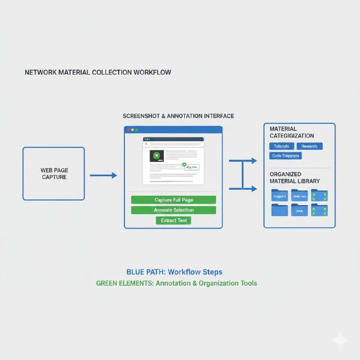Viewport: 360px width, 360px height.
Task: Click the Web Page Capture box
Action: tap(53, 173)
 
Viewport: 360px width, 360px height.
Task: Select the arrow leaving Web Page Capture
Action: tap(103, 175)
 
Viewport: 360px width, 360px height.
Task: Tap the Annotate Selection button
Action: tap(173, 210)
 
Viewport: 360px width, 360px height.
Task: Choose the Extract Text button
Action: tap(173, 220)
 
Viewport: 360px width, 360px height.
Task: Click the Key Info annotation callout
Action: tap(191, 166)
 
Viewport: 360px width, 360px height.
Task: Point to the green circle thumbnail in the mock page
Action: tap(157, 156)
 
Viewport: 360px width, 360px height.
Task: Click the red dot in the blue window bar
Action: tap(128, 130)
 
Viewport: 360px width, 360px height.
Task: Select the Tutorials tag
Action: tap(281, 146)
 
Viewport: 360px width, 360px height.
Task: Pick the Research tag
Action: tap(309, 146)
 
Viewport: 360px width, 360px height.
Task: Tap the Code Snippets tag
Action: tap(285, 156)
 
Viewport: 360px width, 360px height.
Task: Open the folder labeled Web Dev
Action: tap(299, 196)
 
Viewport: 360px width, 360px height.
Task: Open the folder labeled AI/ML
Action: tap(299, 210)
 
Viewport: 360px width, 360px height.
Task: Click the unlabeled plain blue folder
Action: tap(279, 210)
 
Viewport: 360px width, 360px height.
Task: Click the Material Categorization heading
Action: tap(291, 132)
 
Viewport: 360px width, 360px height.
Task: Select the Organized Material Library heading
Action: tap(295, 177)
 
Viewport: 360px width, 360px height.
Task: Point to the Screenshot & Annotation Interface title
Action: tap(178, 116)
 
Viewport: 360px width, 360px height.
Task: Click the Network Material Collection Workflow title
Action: tap(98, 72)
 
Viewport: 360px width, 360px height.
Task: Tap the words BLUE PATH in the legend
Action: tap(146, 272)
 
